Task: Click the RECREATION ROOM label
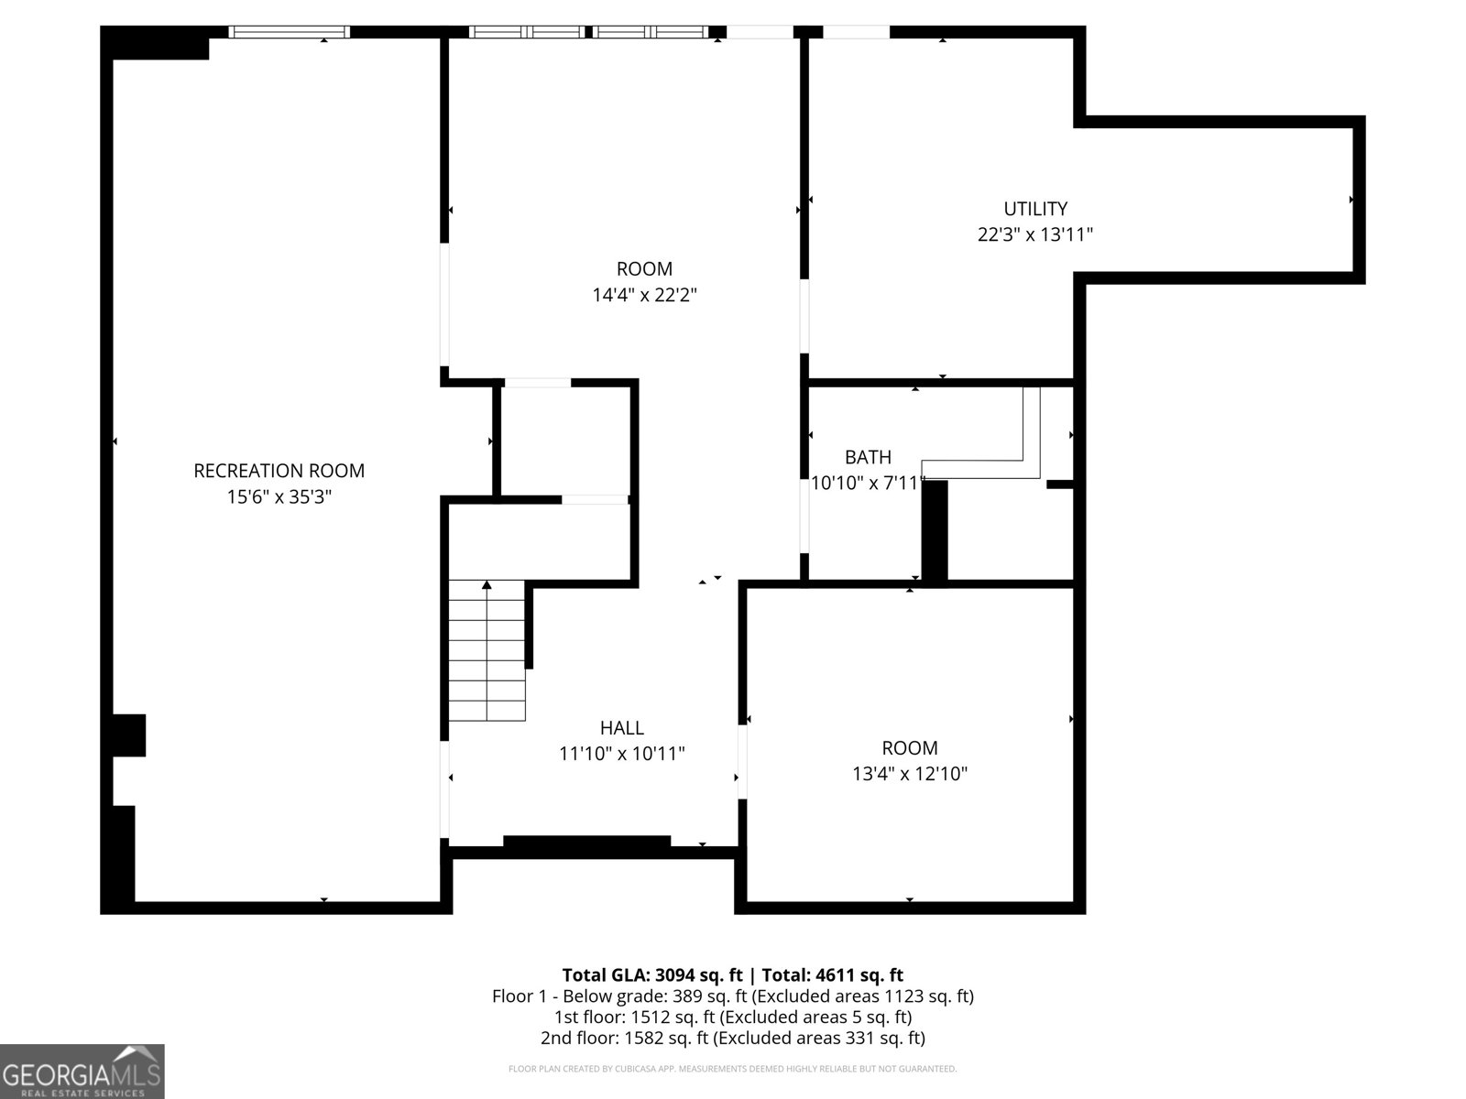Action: point(279,471)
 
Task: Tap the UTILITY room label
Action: point(1035,209)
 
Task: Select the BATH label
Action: point(868,457)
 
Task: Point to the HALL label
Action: point(622,727)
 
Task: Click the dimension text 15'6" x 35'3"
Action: point(279,497)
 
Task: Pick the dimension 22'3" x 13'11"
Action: point(1035,234)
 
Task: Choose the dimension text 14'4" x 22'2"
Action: point(644,295)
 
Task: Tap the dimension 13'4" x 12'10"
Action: point(910,773)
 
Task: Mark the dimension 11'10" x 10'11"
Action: point(622,754)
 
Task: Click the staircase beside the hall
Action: point(487,650)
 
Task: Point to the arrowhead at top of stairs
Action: point(487,585)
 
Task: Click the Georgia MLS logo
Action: point(82,1072)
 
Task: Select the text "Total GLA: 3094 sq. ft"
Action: point(652,974)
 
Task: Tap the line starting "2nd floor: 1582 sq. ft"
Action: point(733,1038)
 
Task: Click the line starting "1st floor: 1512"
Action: point(733,1017)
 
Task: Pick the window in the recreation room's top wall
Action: point(290,32)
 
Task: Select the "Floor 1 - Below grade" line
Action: point(733,996)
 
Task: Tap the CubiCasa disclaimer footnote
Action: point(733,1069)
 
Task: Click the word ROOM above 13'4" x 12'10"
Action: point(910,747)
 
